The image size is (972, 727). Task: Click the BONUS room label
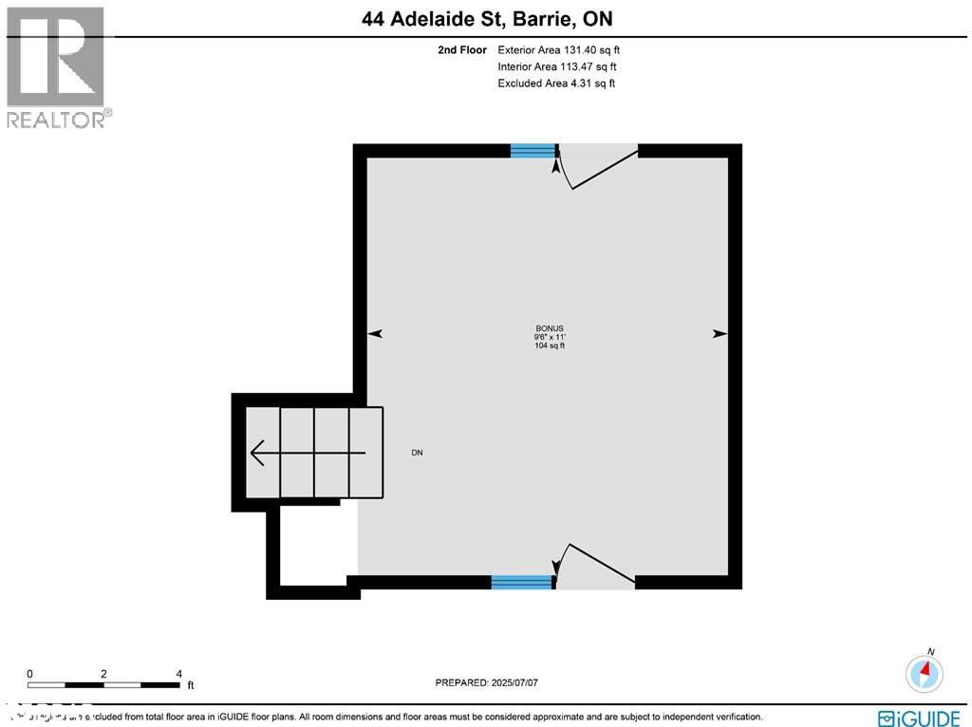tap(550, 328)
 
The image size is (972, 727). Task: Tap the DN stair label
tap(417, 453)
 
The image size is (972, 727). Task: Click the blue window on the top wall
tap(533, 150)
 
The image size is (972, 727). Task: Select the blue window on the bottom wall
tap(521, 582)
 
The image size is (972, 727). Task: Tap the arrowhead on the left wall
tap(375, 334)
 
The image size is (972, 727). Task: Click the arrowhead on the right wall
tap(720, 334)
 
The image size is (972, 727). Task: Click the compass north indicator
tap(925, 673)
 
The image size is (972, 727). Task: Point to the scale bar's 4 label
tap(179, 673)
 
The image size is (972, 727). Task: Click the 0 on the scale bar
tap(29, 673)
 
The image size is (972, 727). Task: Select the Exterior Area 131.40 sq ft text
tap(559, 50)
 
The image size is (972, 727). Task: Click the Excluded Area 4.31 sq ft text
tap(556, 84)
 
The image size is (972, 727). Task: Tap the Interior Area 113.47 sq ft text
tap(557, 66)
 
